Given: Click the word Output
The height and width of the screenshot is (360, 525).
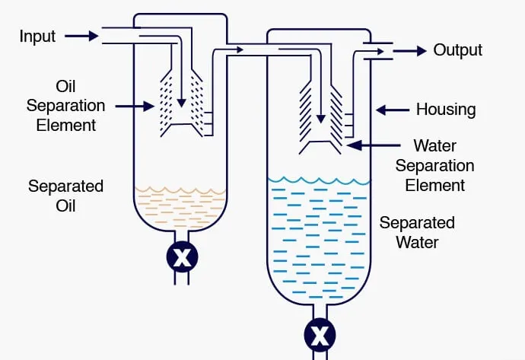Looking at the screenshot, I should (457, 50).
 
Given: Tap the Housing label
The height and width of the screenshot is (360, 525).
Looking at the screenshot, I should (445, 110).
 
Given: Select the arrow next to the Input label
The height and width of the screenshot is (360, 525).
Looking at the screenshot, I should (81, 36).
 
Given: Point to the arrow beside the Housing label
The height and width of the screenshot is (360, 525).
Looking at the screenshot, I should (392, 110).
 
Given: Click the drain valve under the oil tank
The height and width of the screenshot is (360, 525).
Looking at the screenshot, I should (182, 258).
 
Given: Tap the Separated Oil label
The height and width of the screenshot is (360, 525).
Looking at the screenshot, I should (65, 196).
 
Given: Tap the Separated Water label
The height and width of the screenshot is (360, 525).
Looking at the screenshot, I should (417, 233).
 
